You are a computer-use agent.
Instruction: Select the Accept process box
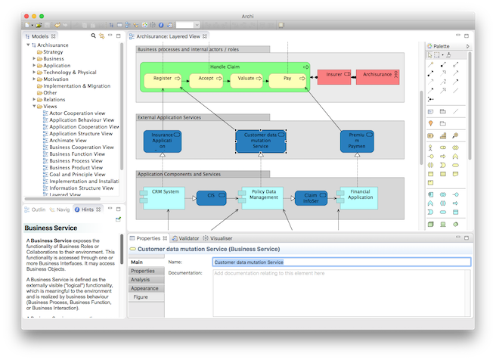click(x=206, y=78)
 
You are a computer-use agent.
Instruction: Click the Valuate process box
click(x=246, y=78)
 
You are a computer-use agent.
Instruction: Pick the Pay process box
click(x=287, y=78)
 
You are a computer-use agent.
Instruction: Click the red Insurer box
click(x=333, y=75)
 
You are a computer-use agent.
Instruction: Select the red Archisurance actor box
click(x=377, y=75)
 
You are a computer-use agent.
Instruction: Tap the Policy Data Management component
click(x=260, y=197)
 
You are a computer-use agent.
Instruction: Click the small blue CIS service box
click(x=211, y=197)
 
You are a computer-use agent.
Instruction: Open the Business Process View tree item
click(x=76, y=161)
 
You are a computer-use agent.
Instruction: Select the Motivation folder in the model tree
click(x=56, y=79)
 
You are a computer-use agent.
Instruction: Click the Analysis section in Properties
click(x=141, y=280)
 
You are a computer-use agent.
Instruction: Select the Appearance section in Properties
click(x=144, y=288)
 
